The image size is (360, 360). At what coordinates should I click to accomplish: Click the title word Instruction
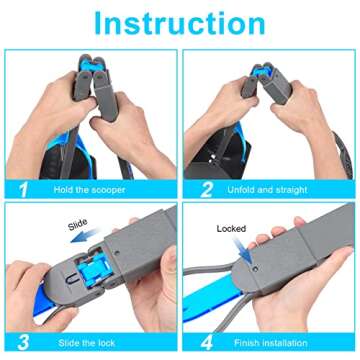pos(180,21)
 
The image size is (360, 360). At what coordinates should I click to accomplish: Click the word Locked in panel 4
pos(231,229)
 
